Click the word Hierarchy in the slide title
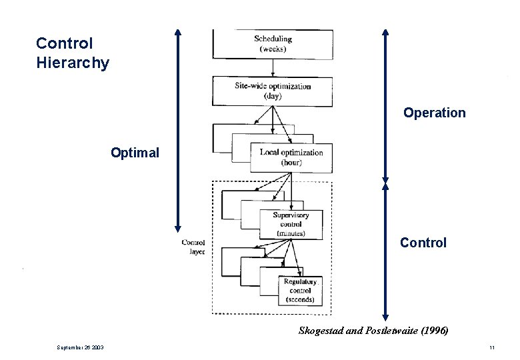(73, 63)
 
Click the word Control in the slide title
(64, 43)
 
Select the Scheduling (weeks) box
(273, 44)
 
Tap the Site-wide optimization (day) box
(273, 91)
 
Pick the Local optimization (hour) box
(291, 157)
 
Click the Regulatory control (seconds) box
(300, 291)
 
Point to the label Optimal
(135, 153)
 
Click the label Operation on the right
(434, 113)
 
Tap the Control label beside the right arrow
(423, 243)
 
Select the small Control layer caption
(193, 247)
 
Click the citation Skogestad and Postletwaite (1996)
(373, 331)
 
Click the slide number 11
(491, 348)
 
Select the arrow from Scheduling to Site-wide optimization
(273, 68)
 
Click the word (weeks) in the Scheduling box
(273, 49)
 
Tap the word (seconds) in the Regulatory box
(300, 300)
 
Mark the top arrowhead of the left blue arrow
(177, 32)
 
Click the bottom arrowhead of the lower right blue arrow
(385, 317)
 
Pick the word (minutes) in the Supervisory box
(291, 233)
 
